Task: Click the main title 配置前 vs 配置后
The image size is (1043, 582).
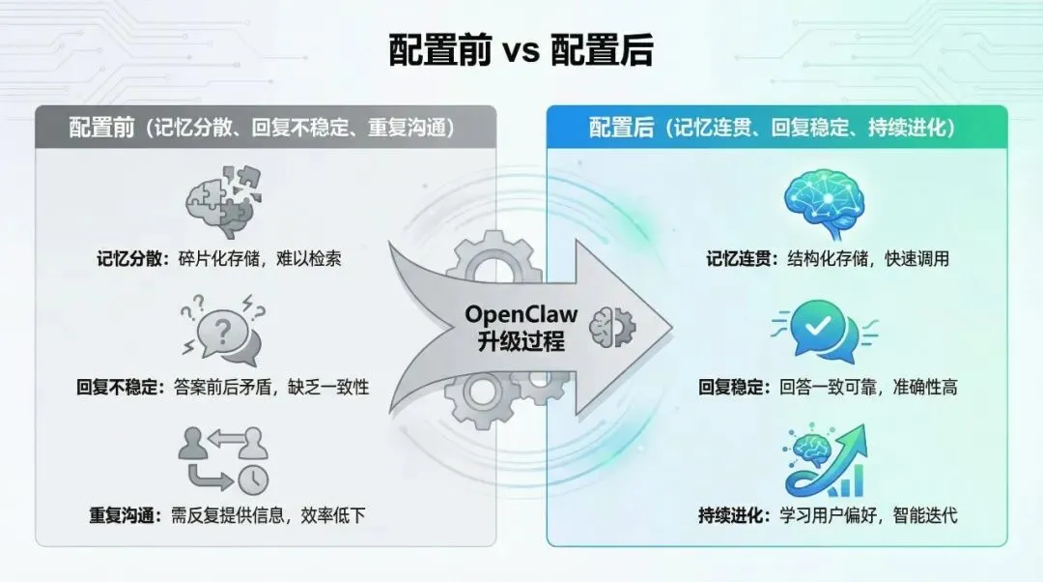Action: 521,49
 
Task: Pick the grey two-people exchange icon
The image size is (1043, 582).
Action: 222,456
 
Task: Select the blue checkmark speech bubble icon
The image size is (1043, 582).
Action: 823,329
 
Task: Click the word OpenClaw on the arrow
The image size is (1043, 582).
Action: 521,313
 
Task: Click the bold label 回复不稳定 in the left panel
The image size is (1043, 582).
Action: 120,387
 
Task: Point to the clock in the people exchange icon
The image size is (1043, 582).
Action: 255,479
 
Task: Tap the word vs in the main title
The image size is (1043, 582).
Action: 521,50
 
